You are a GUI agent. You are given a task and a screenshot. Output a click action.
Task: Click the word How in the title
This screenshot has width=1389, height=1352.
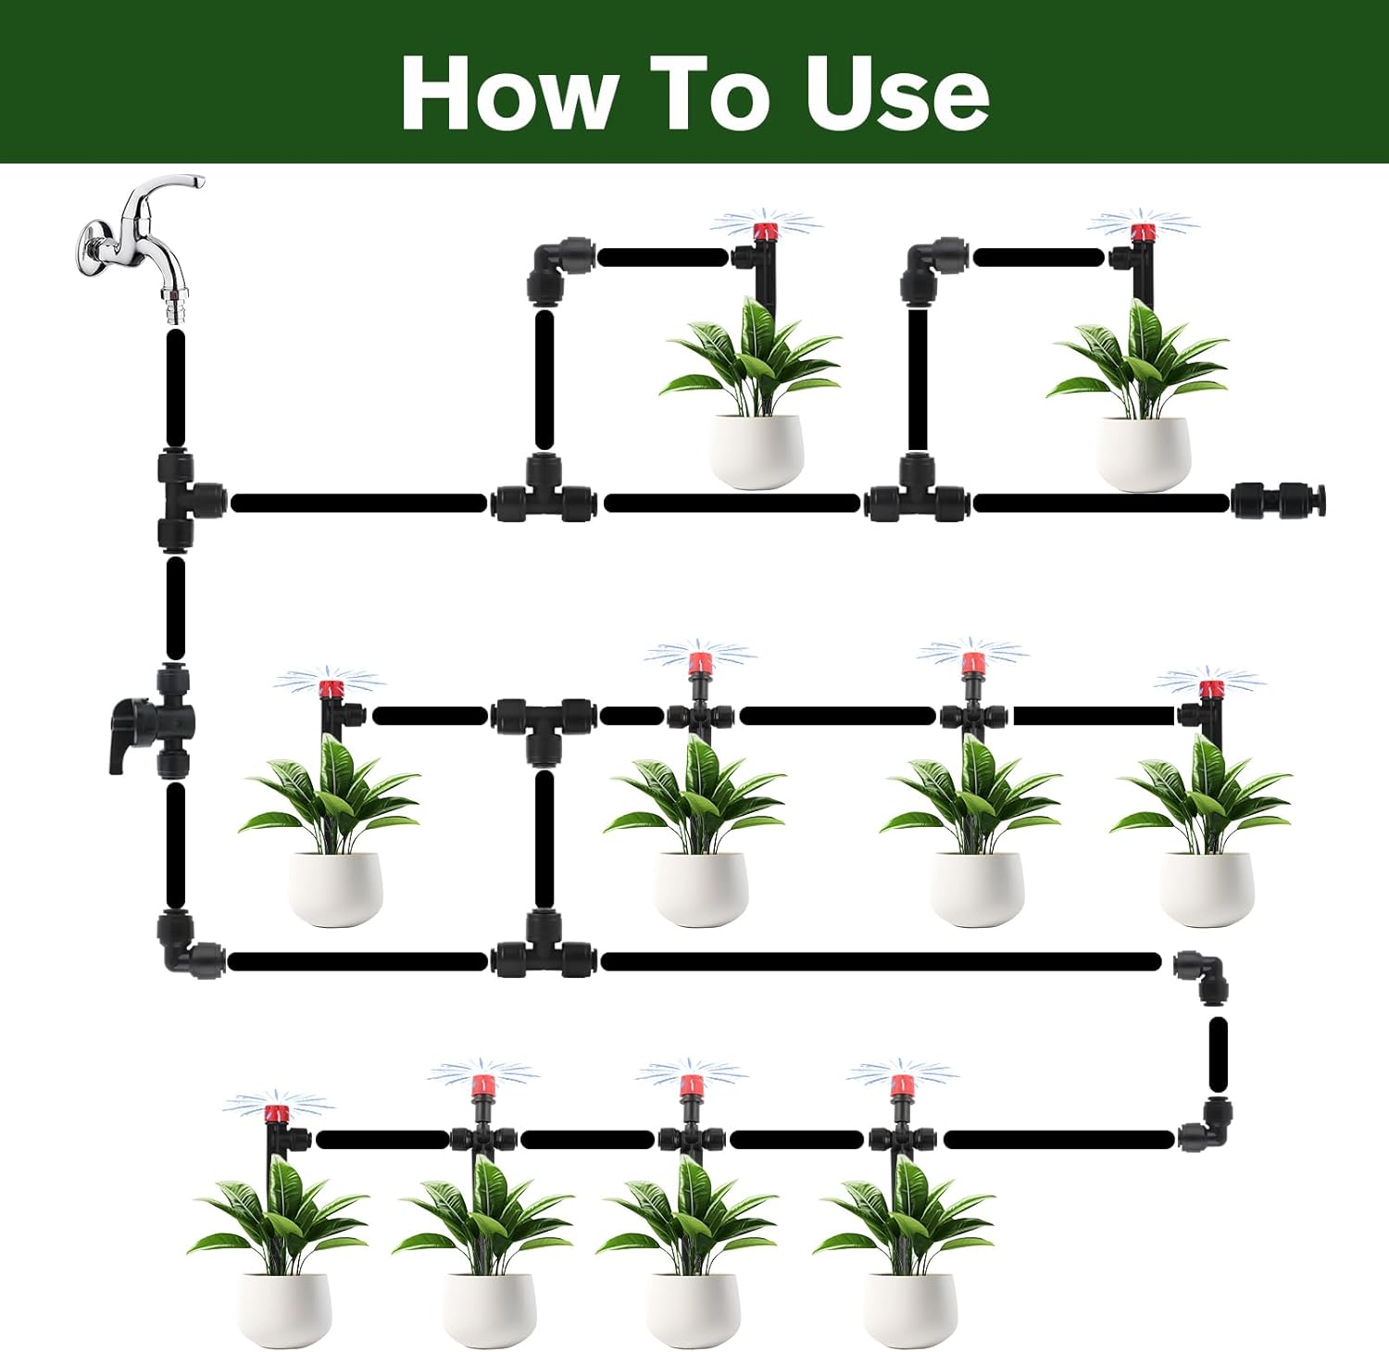click(x=509, y=93)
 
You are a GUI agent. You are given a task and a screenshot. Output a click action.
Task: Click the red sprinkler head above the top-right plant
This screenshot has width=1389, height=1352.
click(x=1138, y=232)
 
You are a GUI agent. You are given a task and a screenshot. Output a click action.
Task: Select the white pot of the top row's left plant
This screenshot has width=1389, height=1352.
click(x=757, y=451)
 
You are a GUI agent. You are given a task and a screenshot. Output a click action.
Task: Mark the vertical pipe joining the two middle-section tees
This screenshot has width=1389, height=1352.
click(x=544, y=839)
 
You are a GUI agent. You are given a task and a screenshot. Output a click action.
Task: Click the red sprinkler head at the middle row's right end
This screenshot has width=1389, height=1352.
click(x=1209, y=688)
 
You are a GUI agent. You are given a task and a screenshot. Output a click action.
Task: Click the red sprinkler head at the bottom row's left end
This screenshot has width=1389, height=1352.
click(x=274, y=1112)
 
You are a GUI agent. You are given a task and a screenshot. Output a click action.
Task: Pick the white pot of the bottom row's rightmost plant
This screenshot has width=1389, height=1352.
click(x=909, y=1310)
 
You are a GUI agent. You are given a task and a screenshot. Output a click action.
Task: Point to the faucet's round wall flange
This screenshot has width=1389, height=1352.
click(x=92, y=245)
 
